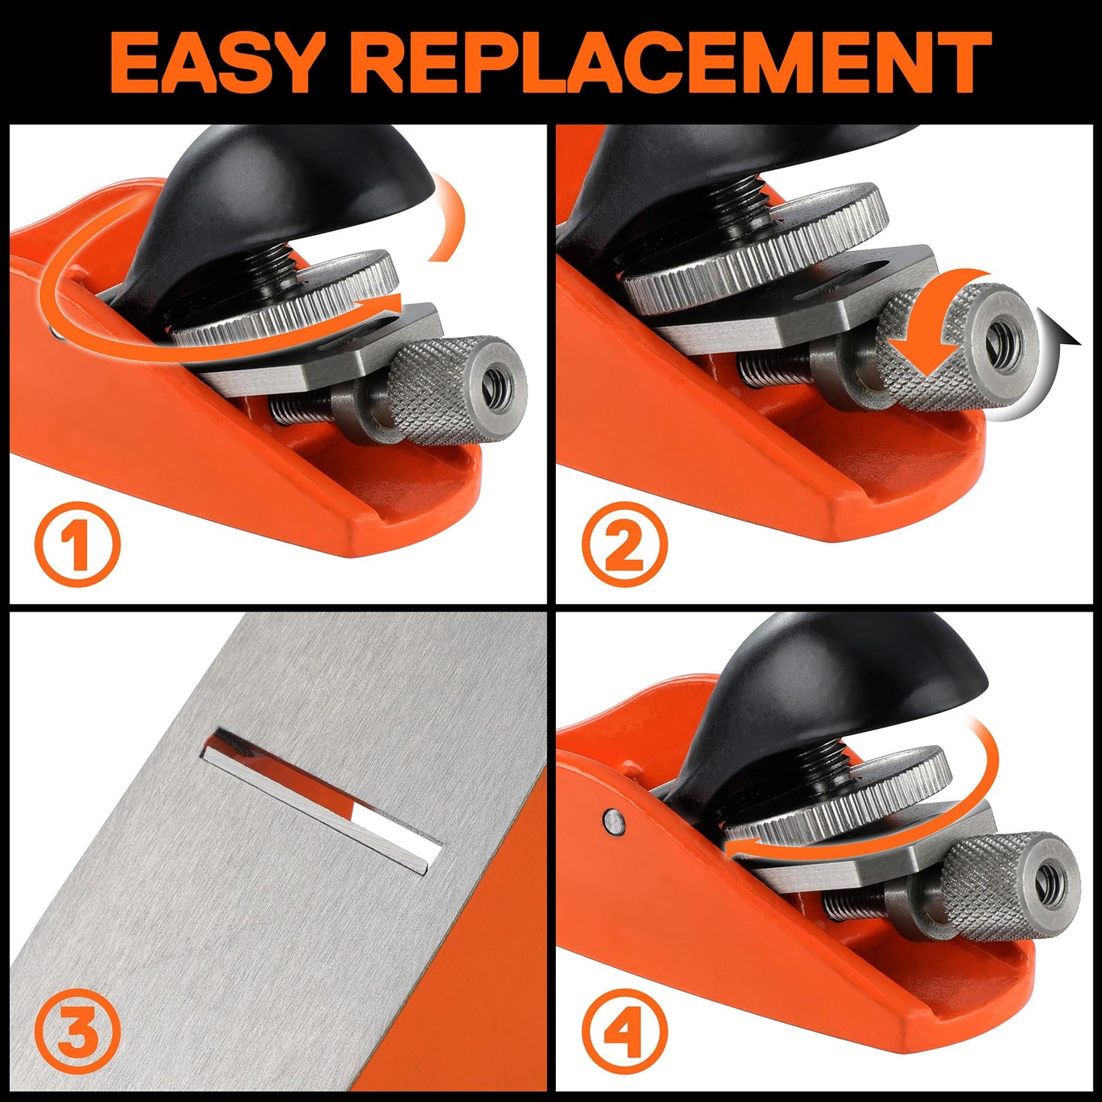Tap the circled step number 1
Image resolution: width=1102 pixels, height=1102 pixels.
click(x=77, y=545)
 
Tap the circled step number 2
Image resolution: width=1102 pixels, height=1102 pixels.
click(x=624, y=545)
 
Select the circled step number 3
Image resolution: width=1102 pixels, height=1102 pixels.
click(x=77, y=1032)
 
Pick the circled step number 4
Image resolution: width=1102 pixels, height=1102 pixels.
click(x=624, y=1032)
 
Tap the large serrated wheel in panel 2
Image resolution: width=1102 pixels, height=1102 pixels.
click(x=755, y=252)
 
